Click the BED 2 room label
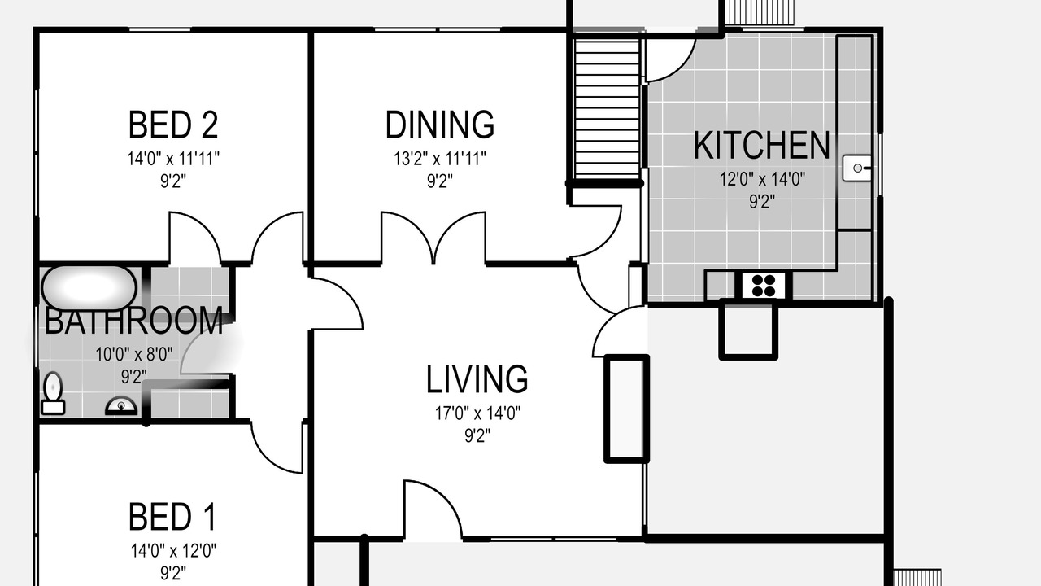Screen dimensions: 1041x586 click(x=173, y=125)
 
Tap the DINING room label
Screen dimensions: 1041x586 click(x=440, y=125)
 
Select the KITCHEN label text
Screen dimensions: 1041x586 click(x=762, y=145)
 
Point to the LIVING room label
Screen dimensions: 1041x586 click(x=477, y=379)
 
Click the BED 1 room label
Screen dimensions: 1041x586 click(x=172, y=517)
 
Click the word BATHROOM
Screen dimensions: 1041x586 click(x=134, y=321)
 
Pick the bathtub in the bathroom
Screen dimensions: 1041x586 click(x=89, y=287)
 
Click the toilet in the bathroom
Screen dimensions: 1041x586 click(x=53, y=393)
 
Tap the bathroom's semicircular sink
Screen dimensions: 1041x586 click(x=121, y=405)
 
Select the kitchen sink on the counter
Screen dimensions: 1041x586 click(x=857, y=168)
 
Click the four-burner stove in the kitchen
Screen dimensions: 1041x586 click(x=764, y=285)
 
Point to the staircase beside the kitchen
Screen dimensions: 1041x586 click(x=607, y=108)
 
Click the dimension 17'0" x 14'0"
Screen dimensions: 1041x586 click(x=477, y=413)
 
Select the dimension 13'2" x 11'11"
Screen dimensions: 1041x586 click(x=440, y=159)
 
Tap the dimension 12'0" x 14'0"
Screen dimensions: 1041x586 click(x=762, y=179)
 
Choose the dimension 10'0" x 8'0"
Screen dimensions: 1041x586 click(x=134, y=355)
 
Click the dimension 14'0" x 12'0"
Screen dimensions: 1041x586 click(x=173, y=551)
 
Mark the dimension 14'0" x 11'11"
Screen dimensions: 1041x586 click(x=173, y=159)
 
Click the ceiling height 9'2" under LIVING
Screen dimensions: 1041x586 click(x=477, y=435)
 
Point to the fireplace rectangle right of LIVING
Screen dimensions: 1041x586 click(x=626, y=409)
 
